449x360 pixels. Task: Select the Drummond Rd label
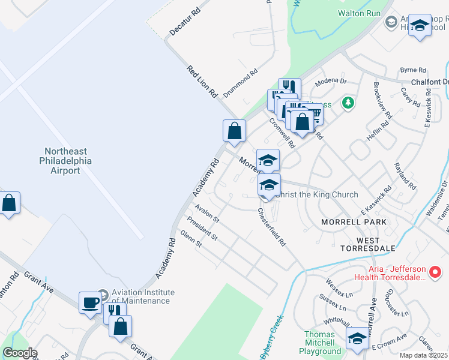pos(241,83)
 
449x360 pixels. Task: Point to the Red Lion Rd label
pos(202,82)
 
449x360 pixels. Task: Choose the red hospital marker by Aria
pos(436,272)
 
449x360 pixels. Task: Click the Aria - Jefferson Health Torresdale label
pos(393,272)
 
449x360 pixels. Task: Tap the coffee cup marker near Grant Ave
pos(91,302)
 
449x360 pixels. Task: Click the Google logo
pos(20,353)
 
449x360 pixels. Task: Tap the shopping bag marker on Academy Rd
pos(234,130)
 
